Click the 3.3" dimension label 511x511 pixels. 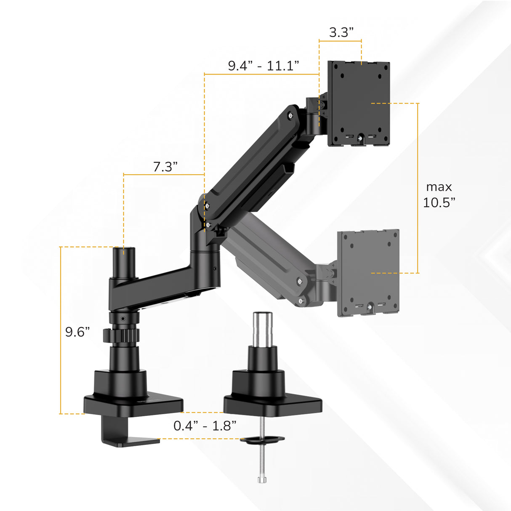(341, 32)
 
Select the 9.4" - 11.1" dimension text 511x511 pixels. (263, 66)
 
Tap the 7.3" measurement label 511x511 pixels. (165, 167)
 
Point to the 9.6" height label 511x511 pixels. (77, 332)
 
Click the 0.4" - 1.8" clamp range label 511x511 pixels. (205, 426)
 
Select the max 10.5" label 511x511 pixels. (439, 194)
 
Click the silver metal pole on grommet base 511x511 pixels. (262, 329)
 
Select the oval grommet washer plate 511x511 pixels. (262, 440)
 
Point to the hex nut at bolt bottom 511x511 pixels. (262, 480)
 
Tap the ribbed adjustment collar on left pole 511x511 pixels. (121, 336)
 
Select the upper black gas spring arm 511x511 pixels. (253, 164)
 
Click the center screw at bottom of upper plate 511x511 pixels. (360, 137)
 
